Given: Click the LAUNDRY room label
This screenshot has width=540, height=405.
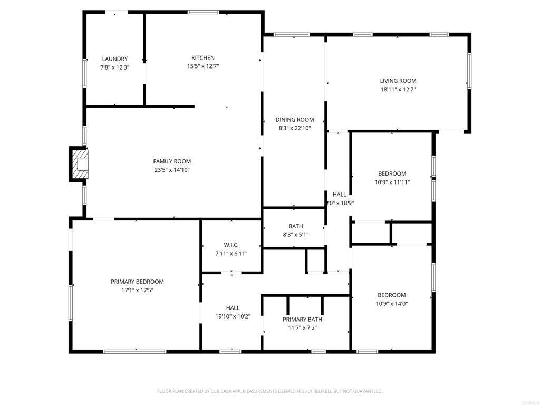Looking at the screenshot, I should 114,59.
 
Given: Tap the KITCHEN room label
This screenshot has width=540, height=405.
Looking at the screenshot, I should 203,58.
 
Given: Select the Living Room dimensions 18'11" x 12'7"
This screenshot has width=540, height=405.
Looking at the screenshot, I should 398,90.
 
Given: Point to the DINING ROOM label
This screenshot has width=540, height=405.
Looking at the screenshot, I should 294,120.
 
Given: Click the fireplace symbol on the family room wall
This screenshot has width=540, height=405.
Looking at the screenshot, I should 80,164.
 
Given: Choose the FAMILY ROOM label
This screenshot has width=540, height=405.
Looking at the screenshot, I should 172,161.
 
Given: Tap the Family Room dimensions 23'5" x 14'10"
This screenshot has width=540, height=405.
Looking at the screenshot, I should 172,170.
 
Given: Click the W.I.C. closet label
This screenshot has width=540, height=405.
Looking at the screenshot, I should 231,245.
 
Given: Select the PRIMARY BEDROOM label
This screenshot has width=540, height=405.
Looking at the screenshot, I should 137,282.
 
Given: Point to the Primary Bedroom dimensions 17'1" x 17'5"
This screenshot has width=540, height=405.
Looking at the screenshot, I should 137,290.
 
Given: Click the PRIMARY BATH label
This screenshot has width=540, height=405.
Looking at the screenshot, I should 302,320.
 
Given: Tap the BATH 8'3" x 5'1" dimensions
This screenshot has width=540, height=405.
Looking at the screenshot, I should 295,235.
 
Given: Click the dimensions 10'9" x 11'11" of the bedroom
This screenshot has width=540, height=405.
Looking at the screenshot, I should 392,182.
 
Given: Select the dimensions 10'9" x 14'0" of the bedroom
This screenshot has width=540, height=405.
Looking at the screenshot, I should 391,303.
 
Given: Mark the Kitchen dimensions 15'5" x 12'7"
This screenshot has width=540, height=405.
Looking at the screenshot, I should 203,66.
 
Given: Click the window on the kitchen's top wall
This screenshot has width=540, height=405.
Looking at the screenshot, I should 203,12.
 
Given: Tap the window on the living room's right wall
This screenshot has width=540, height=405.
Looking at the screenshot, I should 469,70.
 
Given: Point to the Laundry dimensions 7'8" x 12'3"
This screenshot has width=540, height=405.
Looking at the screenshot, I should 114,67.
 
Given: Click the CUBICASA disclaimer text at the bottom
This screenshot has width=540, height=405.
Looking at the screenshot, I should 269,391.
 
